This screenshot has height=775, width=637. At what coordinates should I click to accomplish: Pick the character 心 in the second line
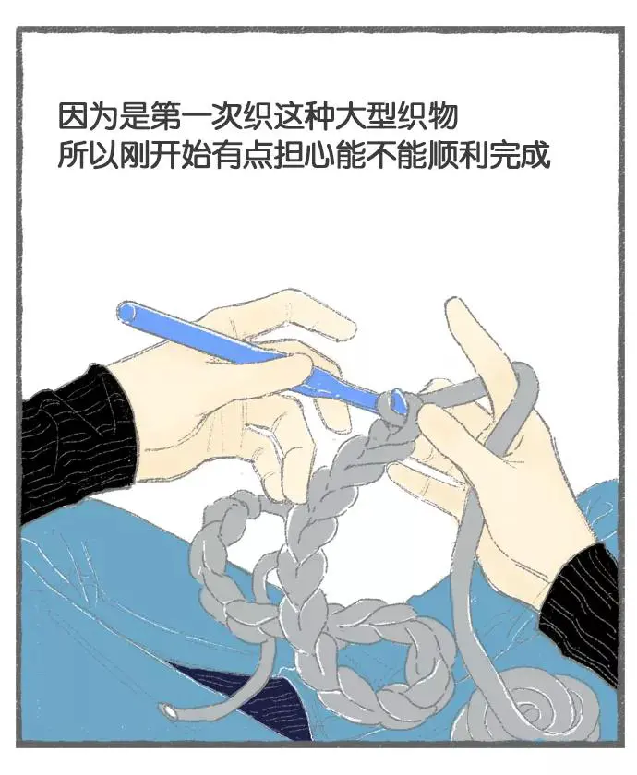[x=319, y=155]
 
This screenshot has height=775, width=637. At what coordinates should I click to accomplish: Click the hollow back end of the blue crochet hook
[x=126, y=312]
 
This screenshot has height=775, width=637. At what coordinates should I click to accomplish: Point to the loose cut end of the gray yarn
[x=170, y=710]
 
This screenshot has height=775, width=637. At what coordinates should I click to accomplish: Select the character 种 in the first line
[x=319, y=115]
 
